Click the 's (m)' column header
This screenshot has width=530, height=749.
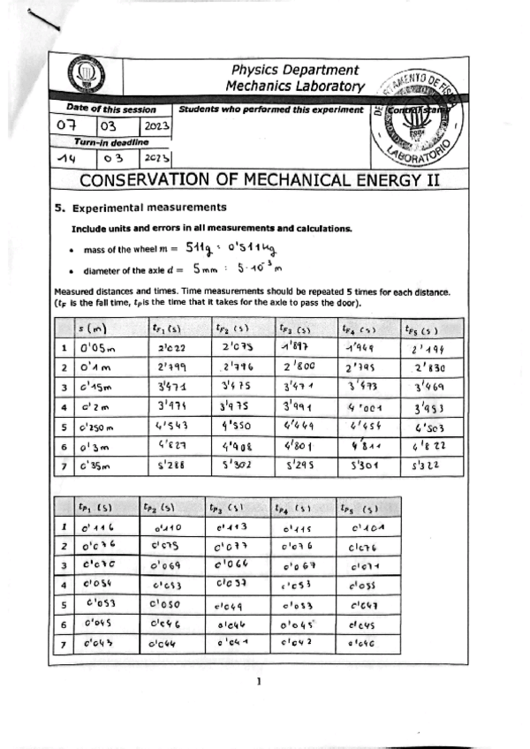[93, 329]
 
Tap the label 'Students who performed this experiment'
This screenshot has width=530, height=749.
[269, 110]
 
